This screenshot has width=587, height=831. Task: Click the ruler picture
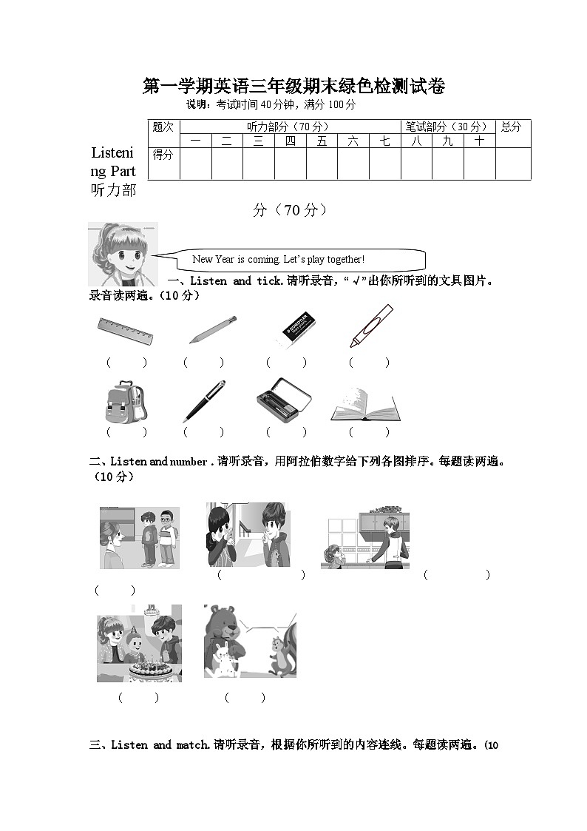125,330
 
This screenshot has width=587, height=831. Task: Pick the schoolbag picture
126,401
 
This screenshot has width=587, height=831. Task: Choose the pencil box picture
283,400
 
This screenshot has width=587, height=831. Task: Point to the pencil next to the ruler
212,329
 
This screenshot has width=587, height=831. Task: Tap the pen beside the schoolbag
204,401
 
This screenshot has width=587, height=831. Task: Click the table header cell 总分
512,127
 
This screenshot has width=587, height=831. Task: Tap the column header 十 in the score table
479,141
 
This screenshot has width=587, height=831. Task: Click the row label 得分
163,155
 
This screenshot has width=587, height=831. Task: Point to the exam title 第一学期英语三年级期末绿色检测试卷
293,87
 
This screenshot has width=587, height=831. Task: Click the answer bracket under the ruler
126,363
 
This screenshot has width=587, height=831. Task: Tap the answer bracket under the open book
368,432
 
